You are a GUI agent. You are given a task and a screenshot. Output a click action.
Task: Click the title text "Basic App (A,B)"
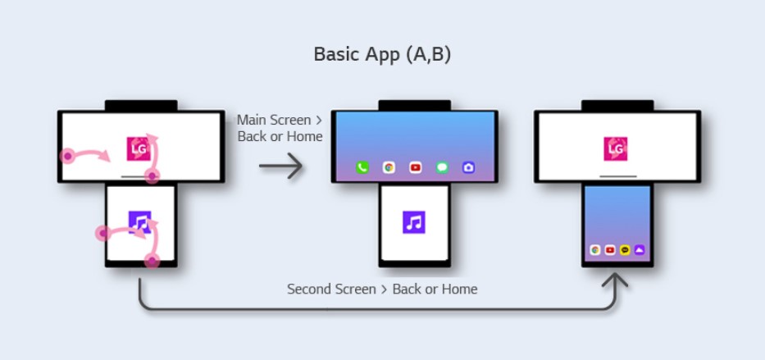click(382, 55)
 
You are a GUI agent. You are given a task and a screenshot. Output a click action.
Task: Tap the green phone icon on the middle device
click(362, 167)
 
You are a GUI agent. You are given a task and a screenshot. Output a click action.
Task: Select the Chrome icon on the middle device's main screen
click(389, 167)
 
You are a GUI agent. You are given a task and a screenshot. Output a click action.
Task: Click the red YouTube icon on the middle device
click(415, 167)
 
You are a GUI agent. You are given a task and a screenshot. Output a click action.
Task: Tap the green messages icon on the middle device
click(442, 167)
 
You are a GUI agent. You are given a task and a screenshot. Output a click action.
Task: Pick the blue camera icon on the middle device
click(468, 167)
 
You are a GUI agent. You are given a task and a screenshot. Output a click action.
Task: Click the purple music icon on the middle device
click(415, 222)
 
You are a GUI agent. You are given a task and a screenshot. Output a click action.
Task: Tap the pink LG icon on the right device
click(616, 148)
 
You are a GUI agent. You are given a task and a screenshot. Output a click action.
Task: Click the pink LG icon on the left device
click(139, 148)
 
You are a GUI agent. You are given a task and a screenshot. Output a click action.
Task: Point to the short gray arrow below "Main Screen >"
click(281, 166)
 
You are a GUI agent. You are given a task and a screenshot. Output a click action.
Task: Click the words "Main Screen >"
click(274, 120)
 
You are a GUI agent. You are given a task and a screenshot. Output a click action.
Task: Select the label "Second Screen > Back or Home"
click(382, 289)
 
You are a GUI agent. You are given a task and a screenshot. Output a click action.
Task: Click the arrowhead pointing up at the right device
click(616, 280)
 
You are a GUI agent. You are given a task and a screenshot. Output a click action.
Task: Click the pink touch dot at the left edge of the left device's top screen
click(69, 156)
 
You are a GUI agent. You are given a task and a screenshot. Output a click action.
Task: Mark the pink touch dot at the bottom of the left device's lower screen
click(152, 262)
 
